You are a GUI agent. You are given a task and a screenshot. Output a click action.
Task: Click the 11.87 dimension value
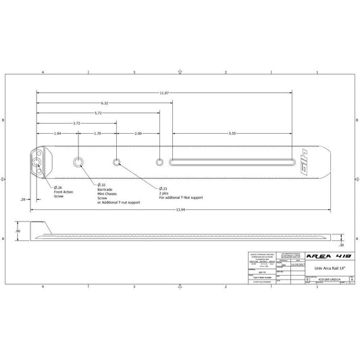click(165, 93)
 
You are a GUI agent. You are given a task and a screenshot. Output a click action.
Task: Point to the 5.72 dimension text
click(99, 113)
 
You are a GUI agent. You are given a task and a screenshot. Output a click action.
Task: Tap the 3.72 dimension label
click(76, 124)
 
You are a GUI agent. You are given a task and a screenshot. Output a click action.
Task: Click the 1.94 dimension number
click(57, 134)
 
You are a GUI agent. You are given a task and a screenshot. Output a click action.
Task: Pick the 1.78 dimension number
click(98, 134)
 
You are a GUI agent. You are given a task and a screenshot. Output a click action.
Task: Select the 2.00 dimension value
click(138, 134)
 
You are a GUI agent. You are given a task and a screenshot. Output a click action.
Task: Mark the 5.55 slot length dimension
click(232, 134)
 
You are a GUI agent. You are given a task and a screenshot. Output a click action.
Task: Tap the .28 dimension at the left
click(24, 200)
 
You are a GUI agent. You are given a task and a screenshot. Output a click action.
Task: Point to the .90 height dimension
click(18, 231)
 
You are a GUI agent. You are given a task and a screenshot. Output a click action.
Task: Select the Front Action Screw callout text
click(64, 195)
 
